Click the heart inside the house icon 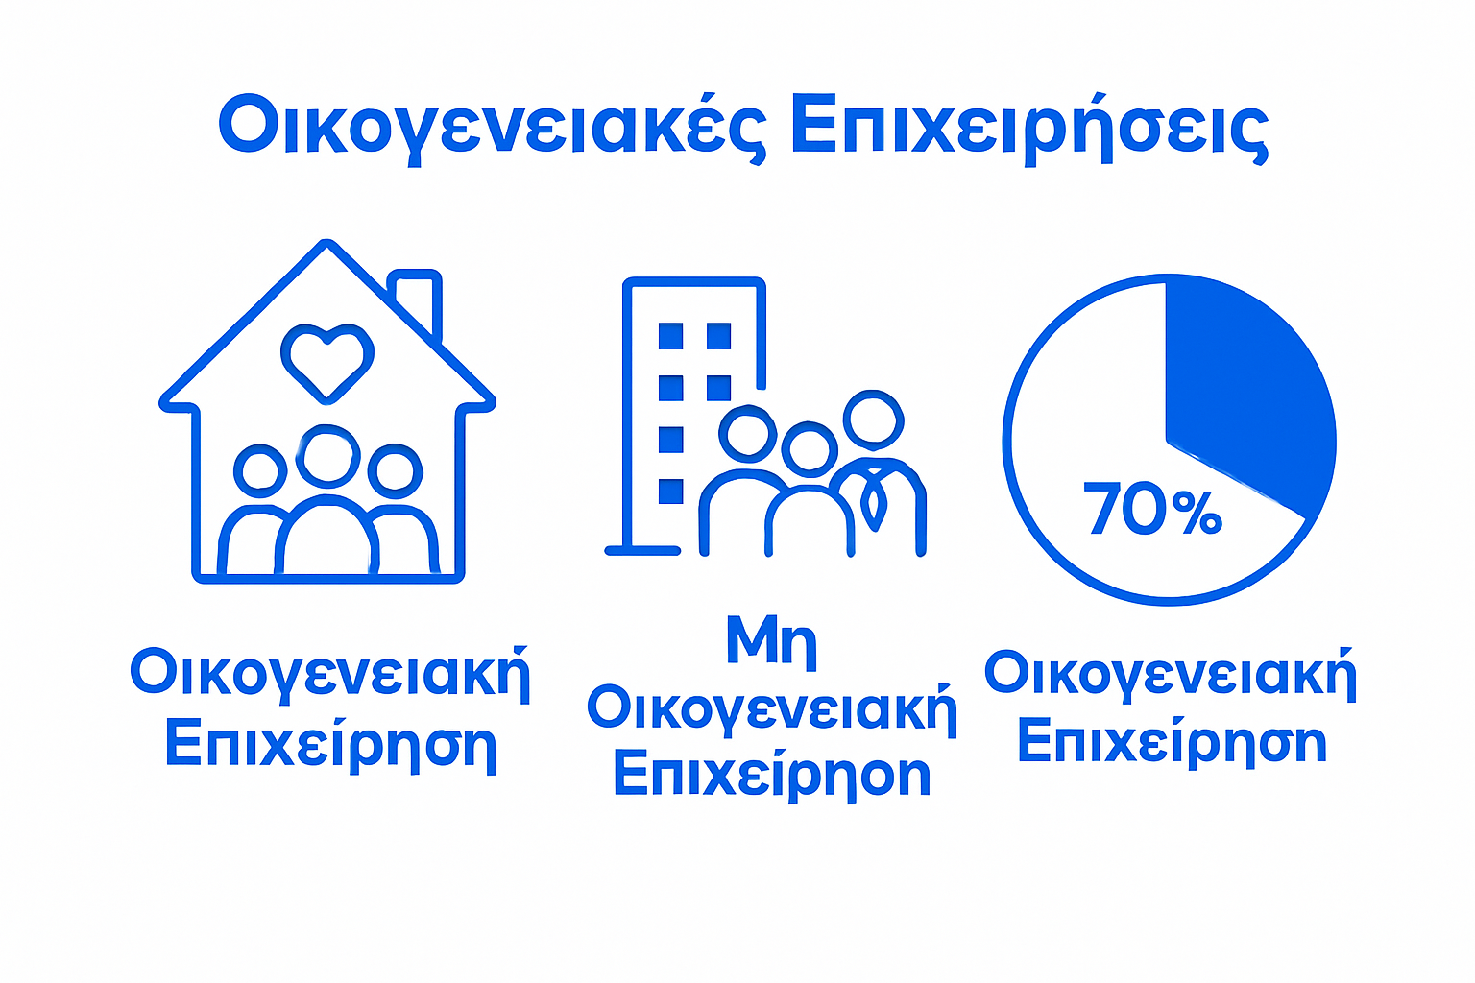click(327, 360)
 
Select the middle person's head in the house click(327, 456)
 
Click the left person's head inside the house click(260, 471)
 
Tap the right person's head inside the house click(396, 471)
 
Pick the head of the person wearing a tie click(873, 419)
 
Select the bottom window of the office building click(670, 491)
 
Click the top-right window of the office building click(718, 336)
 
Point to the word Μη click(771, 640)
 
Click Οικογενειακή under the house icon click(329, 674)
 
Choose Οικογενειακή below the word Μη click(772, 710)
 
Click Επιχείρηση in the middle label click(772, 776)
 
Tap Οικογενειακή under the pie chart click(1171, 674)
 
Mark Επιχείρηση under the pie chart click(1172, 742)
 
